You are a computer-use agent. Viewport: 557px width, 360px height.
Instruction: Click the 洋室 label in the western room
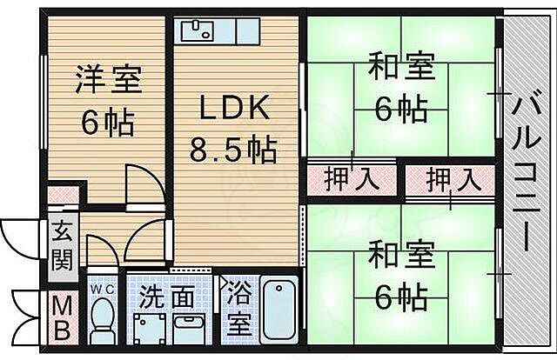(107, 80)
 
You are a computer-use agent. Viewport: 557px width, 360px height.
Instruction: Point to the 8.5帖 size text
(233, 150)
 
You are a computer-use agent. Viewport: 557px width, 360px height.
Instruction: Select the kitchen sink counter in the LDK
(220, 32)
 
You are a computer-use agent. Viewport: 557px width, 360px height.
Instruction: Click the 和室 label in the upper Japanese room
(400, 67)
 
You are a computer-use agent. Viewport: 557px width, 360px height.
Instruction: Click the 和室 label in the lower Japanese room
(400, 257)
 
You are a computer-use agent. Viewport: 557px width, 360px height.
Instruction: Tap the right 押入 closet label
(453, 181)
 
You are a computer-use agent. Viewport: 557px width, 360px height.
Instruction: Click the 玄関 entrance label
(62, 245)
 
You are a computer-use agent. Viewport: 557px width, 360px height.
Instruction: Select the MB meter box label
(60, 318)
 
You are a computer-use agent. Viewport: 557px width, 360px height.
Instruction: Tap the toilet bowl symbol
(104, 319)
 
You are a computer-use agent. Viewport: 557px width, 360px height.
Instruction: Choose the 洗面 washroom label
(166, 297)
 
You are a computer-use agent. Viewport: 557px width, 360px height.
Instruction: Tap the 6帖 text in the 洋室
(107, 123)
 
